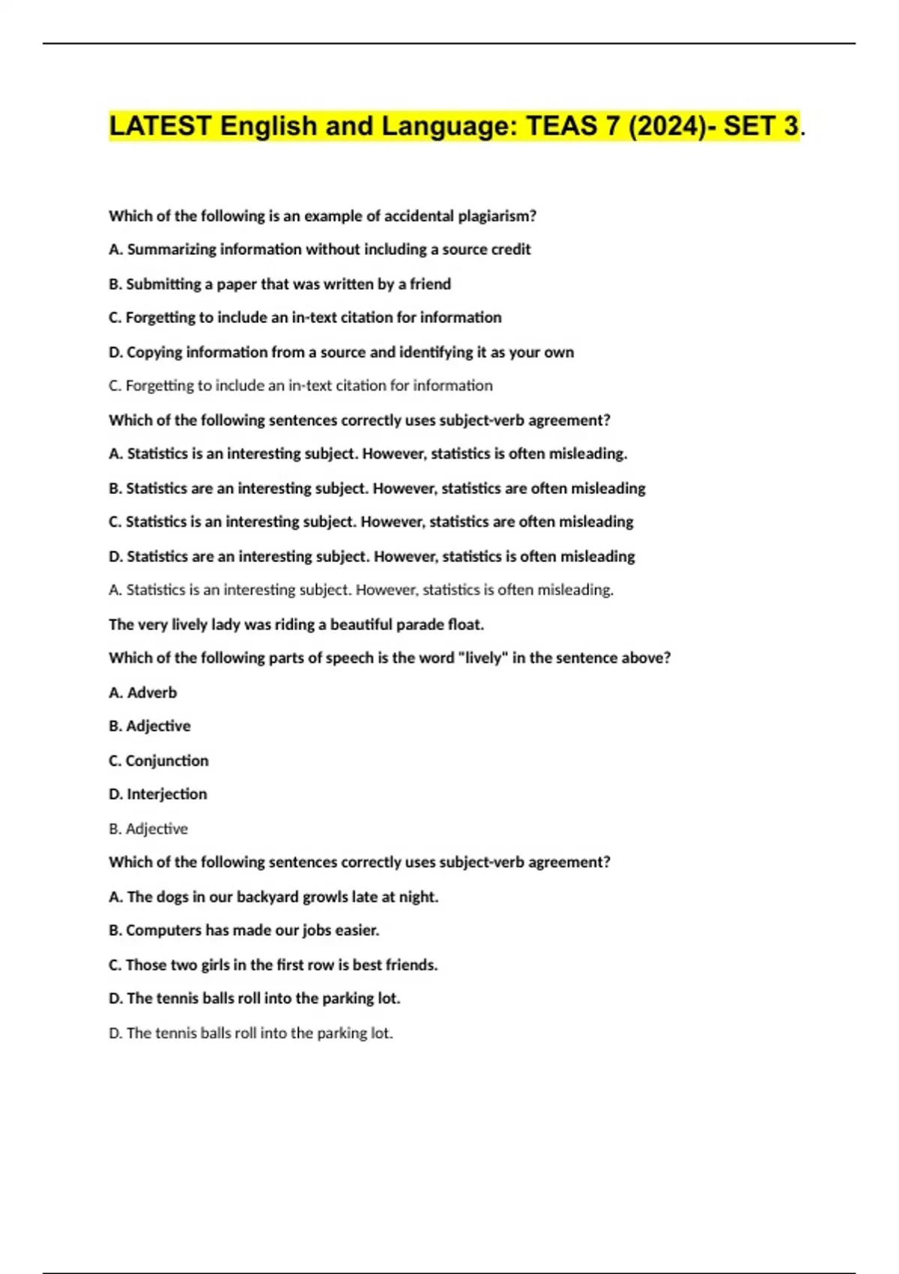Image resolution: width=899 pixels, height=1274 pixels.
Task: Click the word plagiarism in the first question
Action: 496,216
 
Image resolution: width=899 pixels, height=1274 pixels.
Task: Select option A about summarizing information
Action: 319,250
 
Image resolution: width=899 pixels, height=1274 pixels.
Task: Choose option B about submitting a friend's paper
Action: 279,284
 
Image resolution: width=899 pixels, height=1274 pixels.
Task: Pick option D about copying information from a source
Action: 341,352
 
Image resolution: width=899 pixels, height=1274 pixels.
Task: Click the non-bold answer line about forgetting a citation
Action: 300,386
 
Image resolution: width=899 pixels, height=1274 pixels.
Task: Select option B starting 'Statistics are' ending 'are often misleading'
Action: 377,489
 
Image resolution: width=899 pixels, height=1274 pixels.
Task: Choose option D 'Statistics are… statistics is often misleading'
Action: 372,557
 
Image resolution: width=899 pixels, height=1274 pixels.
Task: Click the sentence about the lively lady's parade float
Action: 296,624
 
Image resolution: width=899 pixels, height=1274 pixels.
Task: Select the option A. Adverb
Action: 143,692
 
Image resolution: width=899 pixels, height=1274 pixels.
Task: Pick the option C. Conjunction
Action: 159,761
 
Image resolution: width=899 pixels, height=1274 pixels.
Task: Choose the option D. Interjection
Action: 157,794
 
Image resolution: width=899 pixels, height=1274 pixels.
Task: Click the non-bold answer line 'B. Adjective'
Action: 148,829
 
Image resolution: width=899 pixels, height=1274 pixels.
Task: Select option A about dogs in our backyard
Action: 273,897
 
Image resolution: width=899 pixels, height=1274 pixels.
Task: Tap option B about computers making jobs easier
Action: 244,931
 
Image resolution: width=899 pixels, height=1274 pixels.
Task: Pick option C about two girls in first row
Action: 273,965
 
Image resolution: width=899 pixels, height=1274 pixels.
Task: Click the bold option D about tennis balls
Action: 255,999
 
